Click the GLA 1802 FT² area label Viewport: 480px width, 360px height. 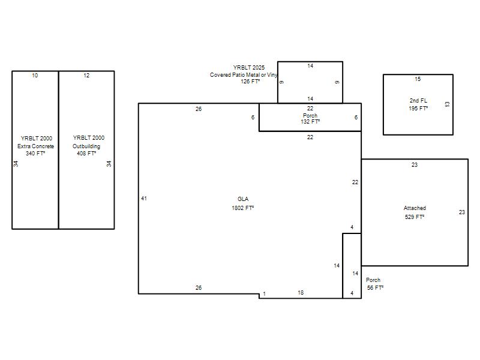click(x=243, y=203)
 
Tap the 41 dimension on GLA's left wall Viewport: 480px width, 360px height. click(x=144, y=199)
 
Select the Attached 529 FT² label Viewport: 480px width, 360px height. click(x=415, y=212)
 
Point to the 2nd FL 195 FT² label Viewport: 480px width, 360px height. click(x=418, y=104)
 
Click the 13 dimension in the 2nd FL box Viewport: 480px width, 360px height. click(x=447, y=104)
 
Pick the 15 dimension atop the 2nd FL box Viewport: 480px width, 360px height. click(x=418, y=79)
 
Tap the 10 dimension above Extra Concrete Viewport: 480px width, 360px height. click(x=35, y=76)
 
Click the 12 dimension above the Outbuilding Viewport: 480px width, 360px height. click(x=86, y=76)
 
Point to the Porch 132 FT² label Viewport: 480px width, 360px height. click(x=310, y=118)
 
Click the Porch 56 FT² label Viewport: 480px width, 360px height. click(x=374, y=284)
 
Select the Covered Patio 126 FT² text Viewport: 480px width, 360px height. click(x=244, y=78)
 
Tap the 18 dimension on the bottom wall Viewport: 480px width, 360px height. click(x=301, y=293)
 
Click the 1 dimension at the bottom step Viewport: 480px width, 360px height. click(x=264, y=294)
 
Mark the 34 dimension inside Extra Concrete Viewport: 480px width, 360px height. click(x=16, y=164)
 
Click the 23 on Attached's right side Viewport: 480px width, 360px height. click(x=461, y=212)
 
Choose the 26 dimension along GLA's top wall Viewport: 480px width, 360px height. click(x=199, y=109)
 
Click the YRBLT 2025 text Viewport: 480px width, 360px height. click(x=249, y=68)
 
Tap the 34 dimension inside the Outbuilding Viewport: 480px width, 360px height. click(x=109, y=164)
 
